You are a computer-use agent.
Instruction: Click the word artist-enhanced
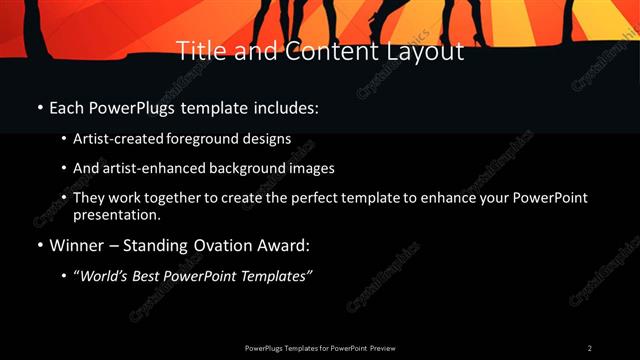point(150,168)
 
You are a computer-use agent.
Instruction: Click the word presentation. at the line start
point(116,214)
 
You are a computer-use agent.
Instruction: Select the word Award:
point(285,245)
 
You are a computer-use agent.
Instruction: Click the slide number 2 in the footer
point(589,347)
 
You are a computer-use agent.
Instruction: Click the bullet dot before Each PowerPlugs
point(39,108)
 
